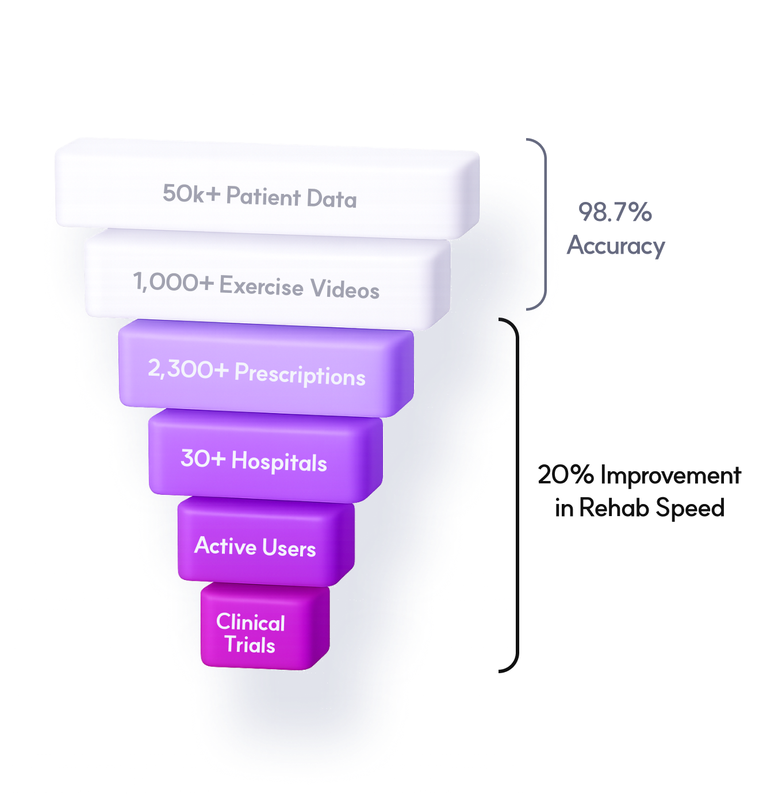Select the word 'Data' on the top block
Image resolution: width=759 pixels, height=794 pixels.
coord(332,199)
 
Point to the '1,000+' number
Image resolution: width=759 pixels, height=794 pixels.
coord(173,283)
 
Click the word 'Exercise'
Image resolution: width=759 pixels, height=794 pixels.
coord(262,286)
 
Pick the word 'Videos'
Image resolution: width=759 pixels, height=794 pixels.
coord(345,289)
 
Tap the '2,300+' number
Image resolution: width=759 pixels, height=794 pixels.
coord(188,369)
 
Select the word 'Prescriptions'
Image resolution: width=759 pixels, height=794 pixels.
coord(300,375)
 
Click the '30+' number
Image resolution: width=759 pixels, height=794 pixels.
coord(202,459)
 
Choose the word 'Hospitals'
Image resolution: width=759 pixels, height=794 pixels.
coord(279,462)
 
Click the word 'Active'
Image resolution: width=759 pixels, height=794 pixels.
coord(225,545)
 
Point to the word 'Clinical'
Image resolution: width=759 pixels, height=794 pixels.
coord(251,623)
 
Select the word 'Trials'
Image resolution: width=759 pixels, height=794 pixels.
coord(250,645)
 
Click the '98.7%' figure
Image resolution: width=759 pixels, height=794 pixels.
coord(615,212)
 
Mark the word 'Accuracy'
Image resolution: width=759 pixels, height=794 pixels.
coord(616,246)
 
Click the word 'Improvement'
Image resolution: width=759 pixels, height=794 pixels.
coord(670,476)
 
